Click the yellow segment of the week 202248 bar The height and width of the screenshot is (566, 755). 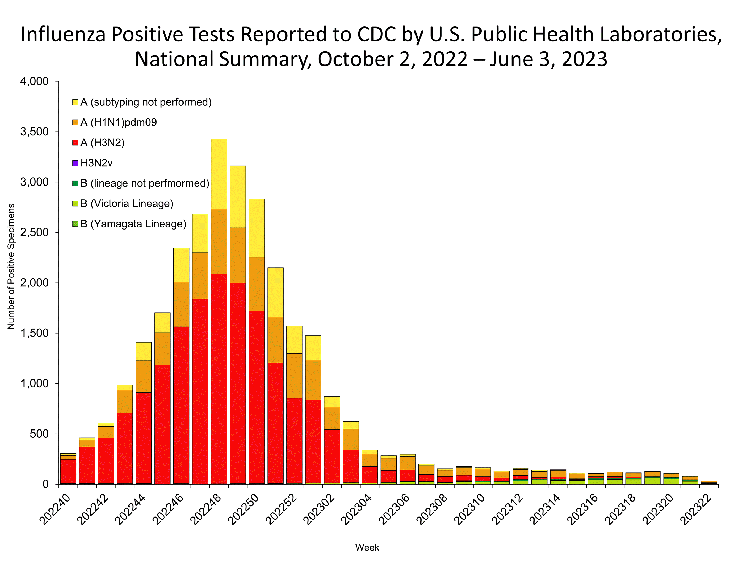pyautogui.click(x=219, y=174)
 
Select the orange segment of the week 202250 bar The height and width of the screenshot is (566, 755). pyautogui.click(x=256, y=284)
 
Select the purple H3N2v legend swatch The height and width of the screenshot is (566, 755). pyautogui.click(x=75, y=163)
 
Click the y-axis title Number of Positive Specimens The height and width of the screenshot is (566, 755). pyautogui.click(x=11, y=266)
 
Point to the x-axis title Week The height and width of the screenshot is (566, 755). pyautogui.click(x=367, y=548)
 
